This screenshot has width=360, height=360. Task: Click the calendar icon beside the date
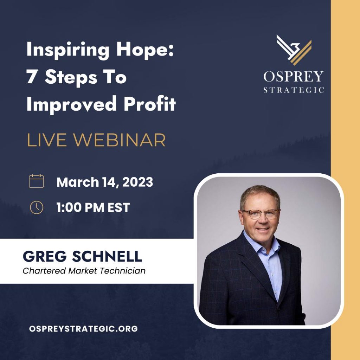tap(36, 181)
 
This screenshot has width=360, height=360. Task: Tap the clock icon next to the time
tap(37, 207)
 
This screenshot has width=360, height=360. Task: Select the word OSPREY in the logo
tap(294, 76)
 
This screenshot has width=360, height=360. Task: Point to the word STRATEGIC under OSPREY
tap(294, 90)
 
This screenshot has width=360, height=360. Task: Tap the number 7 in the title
tap(31, 77)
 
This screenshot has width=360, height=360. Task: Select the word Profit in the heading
tap(150, 104)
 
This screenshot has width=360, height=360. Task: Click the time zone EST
tap(119, 207)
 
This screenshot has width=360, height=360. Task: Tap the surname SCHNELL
tap(107, 256)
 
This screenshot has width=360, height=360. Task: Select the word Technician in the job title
tap(123, 271)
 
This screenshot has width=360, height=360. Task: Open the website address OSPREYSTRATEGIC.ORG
tap(83, 329)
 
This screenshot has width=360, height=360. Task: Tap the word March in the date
tap(78, 182)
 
